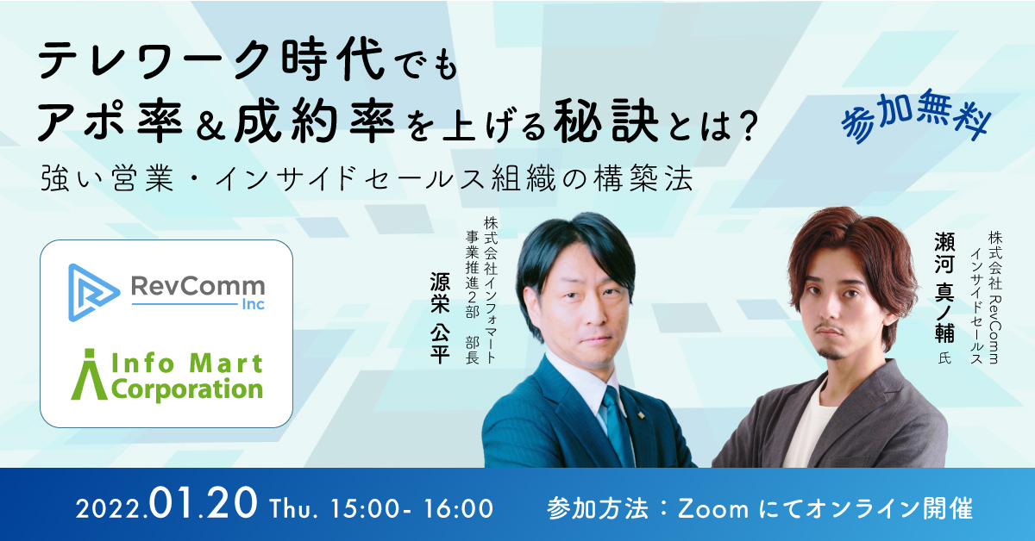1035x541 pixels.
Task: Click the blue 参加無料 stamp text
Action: [x=916, y=116]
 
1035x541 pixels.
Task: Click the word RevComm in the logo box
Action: [x=198, y=286]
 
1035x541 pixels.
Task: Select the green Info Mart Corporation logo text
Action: [x=167, y=375]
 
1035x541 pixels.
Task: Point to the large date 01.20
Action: [x=203, y=503]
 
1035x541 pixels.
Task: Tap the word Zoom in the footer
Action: [x=713, y=509]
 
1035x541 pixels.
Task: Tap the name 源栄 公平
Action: [x=439, y=318]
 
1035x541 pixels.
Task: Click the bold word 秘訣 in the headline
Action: [x=606, y=121]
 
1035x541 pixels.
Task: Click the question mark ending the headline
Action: [x=745, y=124]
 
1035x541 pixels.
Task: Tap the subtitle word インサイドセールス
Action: [x=350, y=179]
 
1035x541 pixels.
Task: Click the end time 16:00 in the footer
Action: [x=459, y=508]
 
